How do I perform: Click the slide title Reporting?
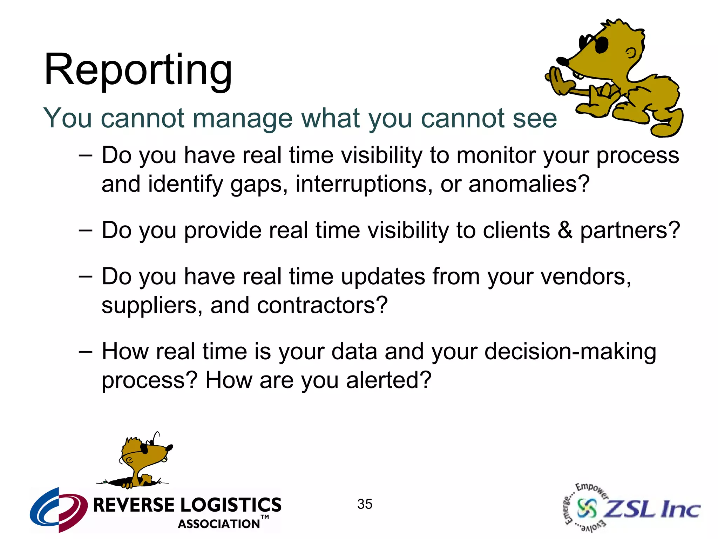pyautogui.click(x=138, y=70)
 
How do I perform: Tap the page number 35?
pyautogui.click(x=365, y=504)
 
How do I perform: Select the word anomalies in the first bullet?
pyautogui.click(x=529, y=184)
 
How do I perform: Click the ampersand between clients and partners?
pyautogui.click(x=565, y=231)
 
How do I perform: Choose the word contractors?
pyautogui.click(x=322, y=306)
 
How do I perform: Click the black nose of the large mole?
pyautogui.click(x=562, y=62)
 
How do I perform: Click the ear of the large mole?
pyautogui.click(x=631, y=53)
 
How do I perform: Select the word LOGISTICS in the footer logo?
pyautogui.click(x=231, y=505)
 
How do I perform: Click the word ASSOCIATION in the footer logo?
pyautogui.click(x=219, y=524)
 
